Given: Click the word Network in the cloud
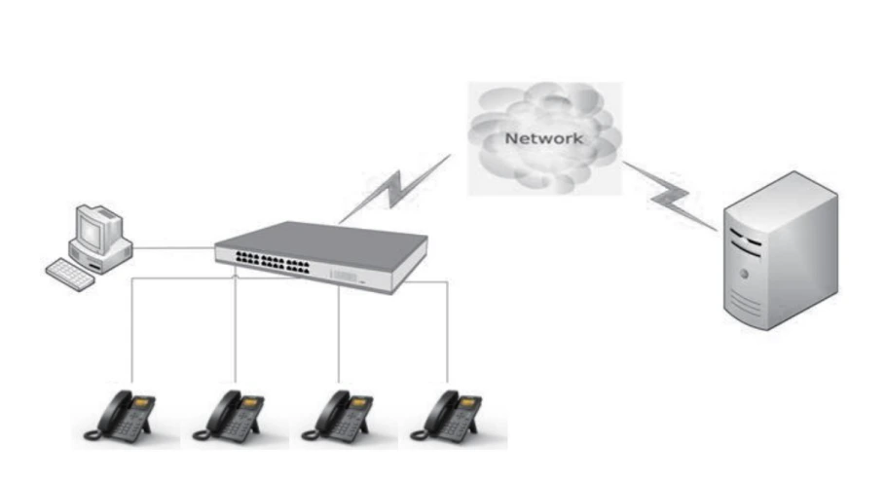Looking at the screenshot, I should [x=543, y=138].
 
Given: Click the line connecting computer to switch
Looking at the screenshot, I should [x=173, y=248].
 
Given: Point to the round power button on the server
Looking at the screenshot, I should [x=744, y=275].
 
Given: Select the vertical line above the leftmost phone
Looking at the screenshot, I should [x=132, y=331].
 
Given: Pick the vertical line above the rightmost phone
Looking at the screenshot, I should [x=447, y=331].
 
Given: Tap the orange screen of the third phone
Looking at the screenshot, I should [x=360, y=400].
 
